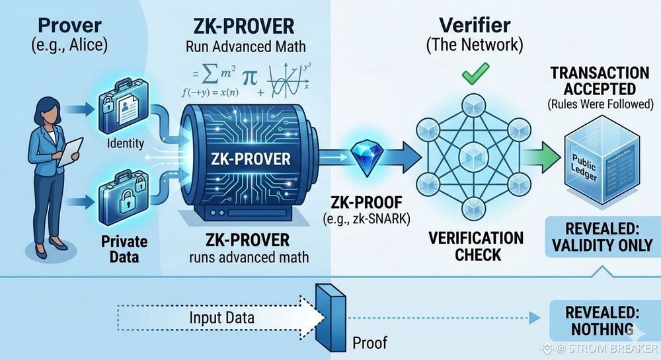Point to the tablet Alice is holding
click(71, 151)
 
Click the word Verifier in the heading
click(476, 26)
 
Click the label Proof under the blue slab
click(369, 342)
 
